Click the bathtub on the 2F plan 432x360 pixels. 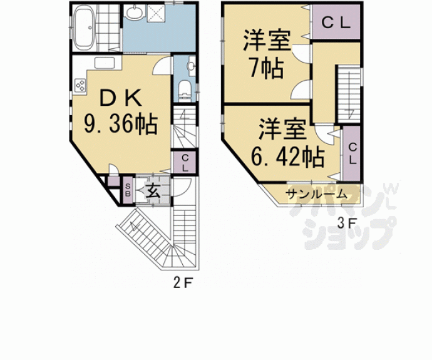click(x=84, y=29)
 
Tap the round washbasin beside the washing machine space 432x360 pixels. click(x=134, y=13)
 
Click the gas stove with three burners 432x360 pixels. click(x=80, y=85)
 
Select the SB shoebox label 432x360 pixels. click(x=128, y=189)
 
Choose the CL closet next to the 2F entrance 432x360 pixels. click(x=187, y=163)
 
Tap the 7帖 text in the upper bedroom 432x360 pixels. click(x=267, y=66)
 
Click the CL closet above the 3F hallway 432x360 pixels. click(x=335, y=23)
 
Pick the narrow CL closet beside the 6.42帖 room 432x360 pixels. click(x=352, y=153)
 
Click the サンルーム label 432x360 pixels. click(x=316, y=194)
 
